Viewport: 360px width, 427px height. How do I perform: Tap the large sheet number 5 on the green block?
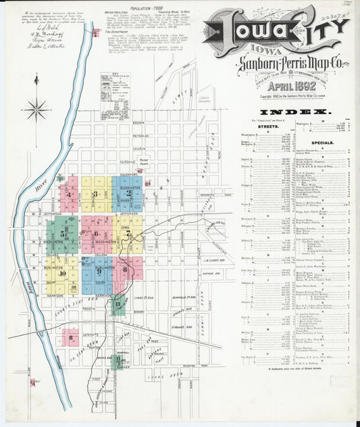click(63, 234)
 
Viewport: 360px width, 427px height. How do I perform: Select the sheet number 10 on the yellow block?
click(62, 274)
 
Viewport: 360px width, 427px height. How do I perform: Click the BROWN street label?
click(138, 124)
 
